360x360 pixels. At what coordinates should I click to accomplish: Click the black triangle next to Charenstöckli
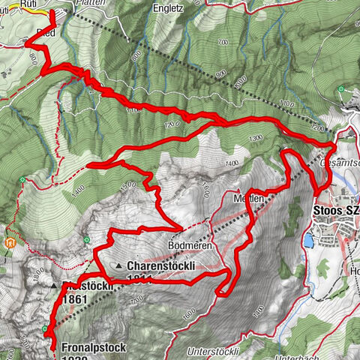point(118,266)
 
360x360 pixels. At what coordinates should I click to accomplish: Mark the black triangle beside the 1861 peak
point(54,286)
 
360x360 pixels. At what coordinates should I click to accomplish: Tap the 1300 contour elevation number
point(256,139)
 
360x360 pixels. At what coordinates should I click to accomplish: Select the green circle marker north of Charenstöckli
point(88,240)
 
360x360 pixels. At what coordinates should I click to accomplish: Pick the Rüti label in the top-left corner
point(29,3)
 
